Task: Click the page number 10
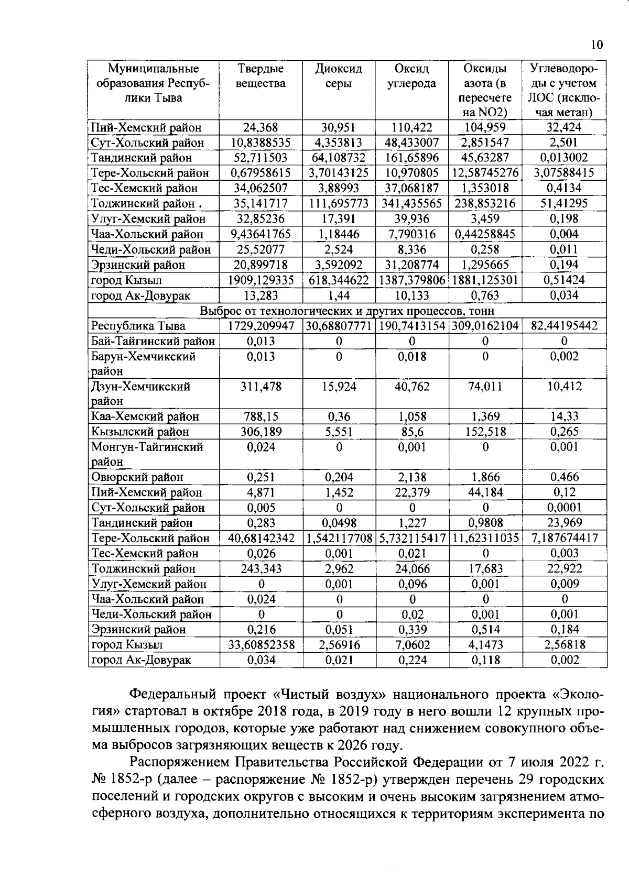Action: point(597,45)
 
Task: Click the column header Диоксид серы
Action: point(339,76)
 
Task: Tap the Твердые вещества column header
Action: point(261,76)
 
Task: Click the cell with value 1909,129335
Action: point(261,280)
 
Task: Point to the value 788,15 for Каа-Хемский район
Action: point(261,417)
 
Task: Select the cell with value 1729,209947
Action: point(261,326)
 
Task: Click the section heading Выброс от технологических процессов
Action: point(347,311)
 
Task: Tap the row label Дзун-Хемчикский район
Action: point(140,394)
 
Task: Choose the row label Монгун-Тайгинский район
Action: point(147,454)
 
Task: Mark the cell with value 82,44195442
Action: point(564,326)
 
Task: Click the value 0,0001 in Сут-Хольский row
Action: point(564,508)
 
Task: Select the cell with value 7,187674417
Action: point(564,538)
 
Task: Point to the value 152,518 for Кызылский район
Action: point(485,432)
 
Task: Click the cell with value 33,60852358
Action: point(261,645)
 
